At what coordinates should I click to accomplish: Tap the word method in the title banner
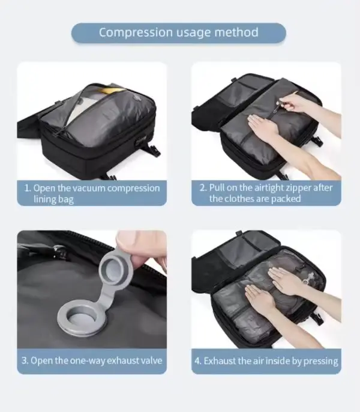tap(236, 32)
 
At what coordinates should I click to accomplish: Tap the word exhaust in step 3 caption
tap(122, 360)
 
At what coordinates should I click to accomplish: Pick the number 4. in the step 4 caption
tap(198, 361)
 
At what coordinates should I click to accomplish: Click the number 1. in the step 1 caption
tap(28, 188)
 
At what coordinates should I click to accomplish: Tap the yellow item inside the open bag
tap(113, 90)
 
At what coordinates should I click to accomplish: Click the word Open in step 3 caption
tap(40, 361)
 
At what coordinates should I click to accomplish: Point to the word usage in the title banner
tap(194, 33)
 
